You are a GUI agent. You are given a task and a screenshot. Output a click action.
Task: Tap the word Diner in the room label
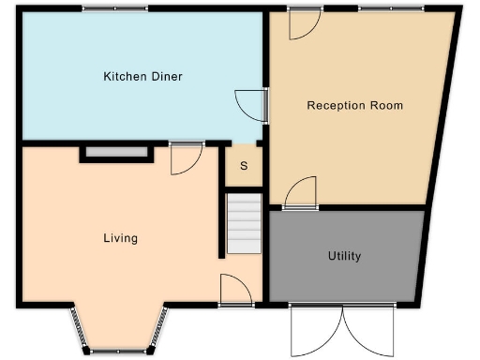166,77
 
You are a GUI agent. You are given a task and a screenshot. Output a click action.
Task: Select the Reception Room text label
355,105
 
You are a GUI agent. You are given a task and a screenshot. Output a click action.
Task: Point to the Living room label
120,238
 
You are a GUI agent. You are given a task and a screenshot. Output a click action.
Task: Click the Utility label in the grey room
344,256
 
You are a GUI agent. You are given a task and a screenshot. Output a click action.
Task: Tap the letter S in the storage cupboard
244,167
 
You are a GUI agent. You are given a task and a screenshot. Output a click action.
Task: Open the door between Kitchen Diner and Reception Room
250,104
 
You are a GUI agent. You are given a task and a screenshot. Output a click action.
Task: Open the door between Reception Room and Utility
300,193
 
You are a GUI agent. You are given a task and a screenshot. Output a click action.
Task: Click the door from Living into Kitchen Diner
185,159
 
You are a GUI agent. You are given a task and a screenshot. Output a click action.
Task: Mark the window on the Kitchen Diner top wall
114,8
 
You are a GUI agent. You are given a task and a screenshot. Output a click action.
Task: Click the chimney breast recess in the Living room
116,153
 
